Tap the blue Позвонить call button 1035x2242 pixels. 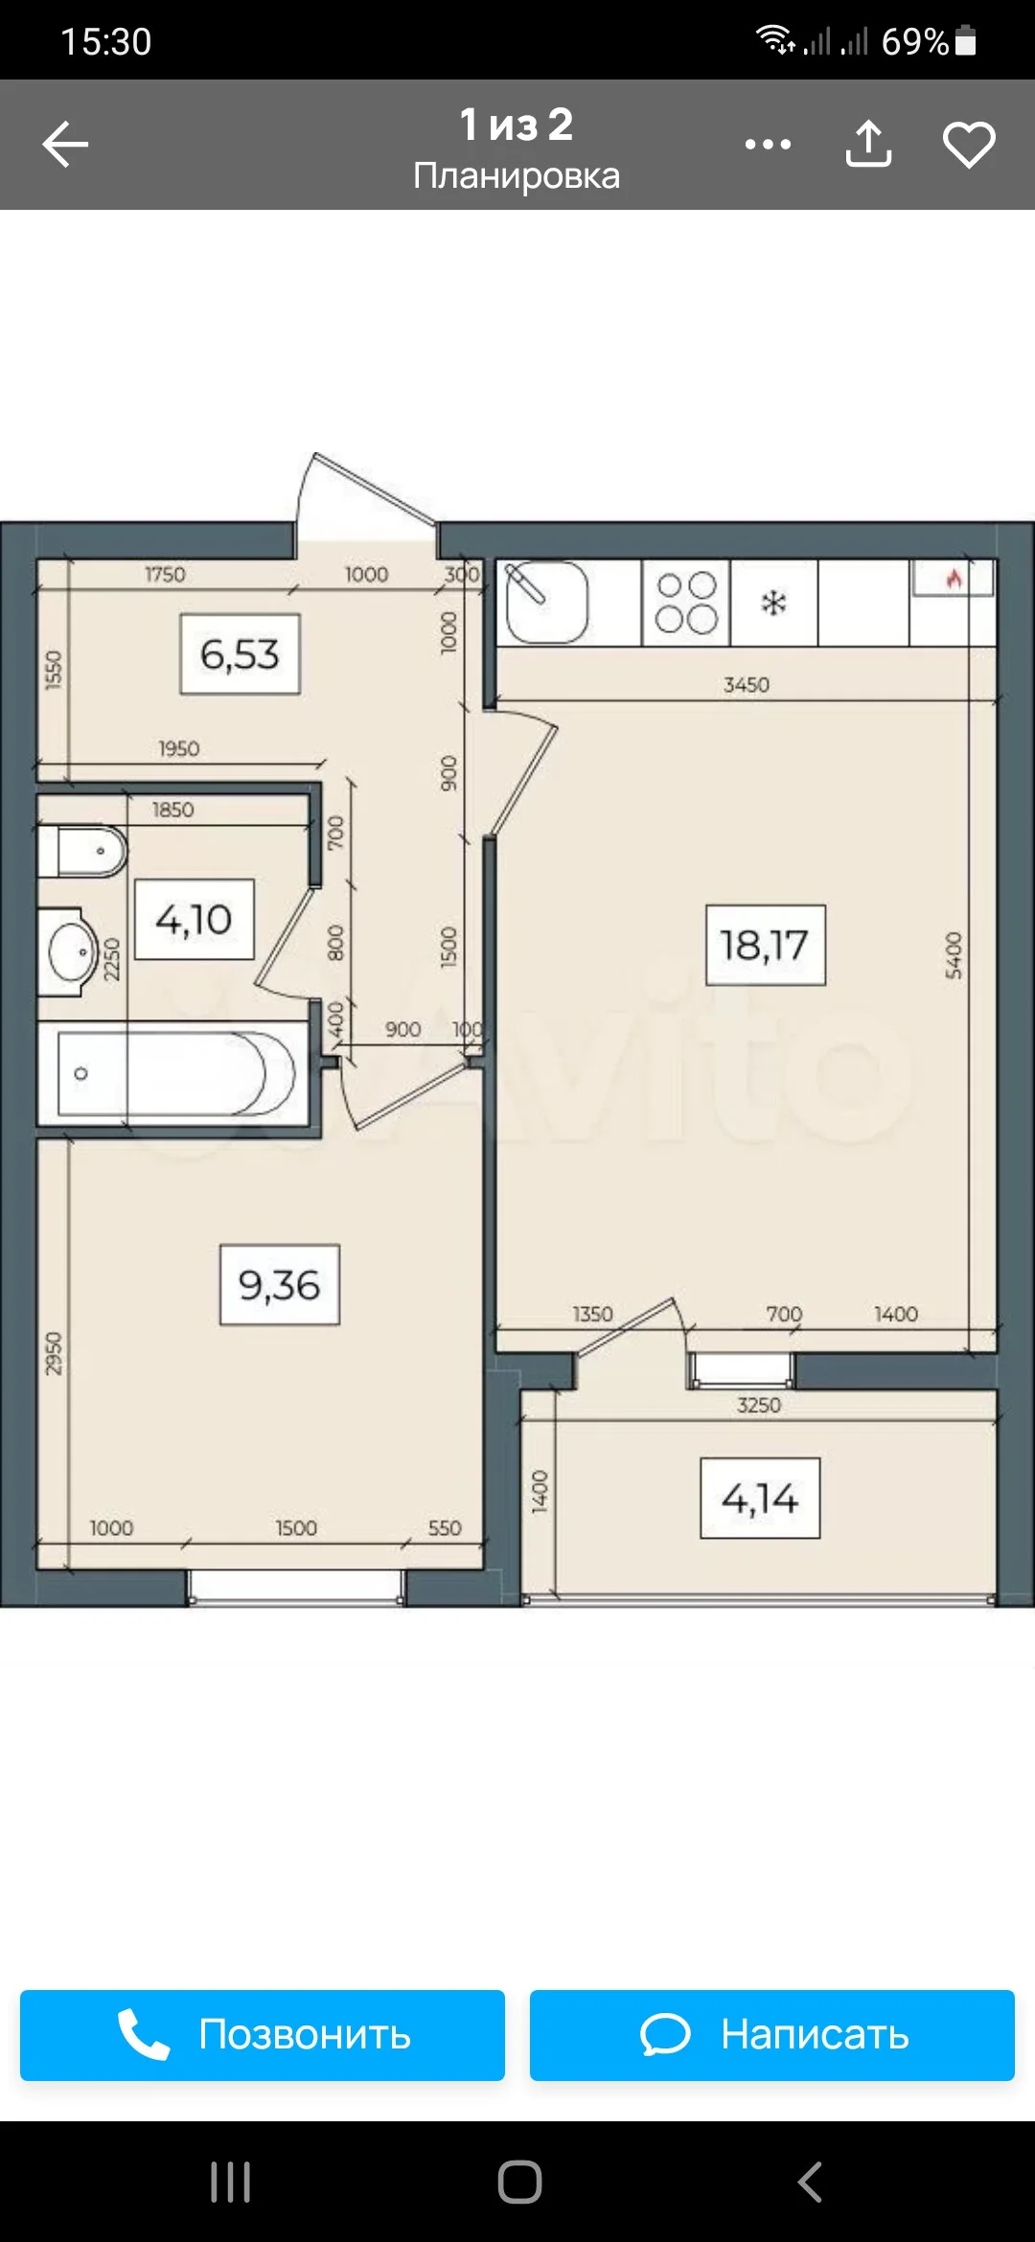(x=262, y=2034)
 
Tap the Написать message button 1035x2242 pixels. (x=771, y=2034)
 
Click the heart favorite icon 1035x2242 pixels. (x=969, y=145)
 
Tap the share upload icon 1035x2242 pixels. (x=868, y=144)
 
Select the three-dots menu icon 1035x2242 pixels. (x=768, y=145)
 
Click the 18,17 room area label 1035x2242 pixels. (x=765, y=945)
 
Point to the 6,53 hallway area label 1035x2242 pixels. (x=240, y=654)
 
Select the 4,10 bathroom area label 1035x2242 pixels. (x=194, y=920)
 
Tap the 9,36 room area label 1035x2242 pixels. (x=279, y=1285)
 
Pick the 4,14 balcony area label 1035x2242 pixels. (x=760, y=1498)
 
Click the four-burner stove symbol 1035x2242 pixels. (x=686, y=603)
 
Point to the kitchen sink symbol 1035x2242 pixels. (x=545, y=603)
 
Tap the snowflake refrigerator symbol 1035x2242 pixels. (x=773, y=603)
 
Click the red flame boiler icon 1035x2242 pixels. (x=954, y=579)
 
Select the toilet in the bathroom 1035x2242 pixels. (x=83, y=851)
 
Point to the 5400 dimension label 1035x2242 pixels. (x=954, y=955)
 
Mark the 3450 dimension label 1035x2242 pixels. (x=747, y=684)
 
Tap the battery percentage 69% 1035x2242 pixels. (x=914, y=41)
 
